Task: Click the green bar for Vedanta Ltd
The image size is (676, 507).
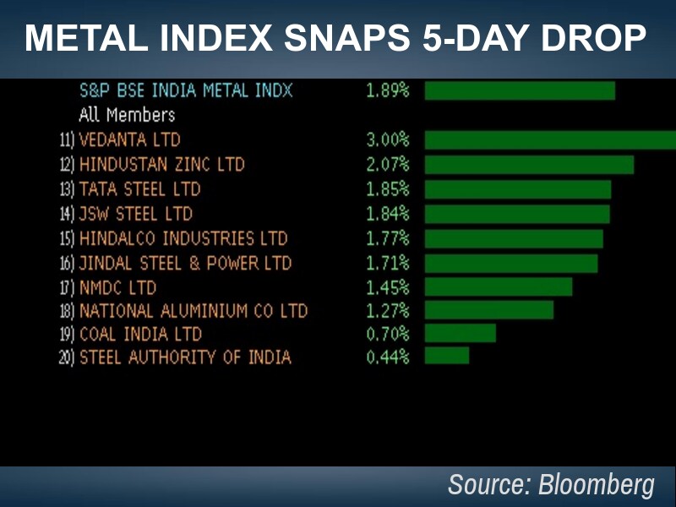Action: pyautogui.click(x=549, y=140)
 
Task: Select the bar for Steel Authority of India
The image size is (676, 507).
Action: pyautogui.click(x=446, y=356)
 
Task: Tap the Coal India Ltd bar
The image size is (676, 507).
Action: pyautogui.click(x=460, y=333)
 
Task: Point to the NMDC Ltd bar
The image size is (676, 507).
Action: pyautogui.click(x=498, y=287)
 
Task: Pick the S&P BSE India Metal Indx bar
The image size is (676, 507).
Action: pyautogui.click(x=519, y=90)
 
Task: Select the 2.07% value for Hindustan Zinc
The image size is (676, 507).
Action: pyautogui.click(x=387, y=164)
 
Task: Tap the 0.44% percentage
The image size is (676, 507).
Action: pyautogui.click(x=387, y=357)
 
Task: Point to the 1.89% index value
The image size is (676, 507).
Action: pyautogui.click(x=387, y=90)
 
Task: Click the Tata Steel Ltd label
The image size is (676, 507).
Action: pyautogui.click(x=139, y=189)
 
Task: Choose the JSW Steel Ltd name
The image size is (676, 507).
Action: pyautogui.click(x=135, y=214)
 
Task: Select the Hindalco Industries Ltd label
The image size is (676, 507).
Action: pyautogui.click(x=183, y=238)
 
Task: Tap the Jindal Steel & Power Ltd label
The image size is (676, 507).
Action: pyautogui.click(x=185, y=263)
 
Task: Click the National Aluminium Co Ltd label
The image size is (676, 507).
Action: pyautogui.click(x=193, y=311)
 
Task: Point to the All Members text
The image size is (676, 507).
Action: pyautogui.click(x=127, y=115)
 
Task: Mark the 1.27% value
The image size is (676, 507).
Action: pyautogui.click(x=387, y=311)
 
